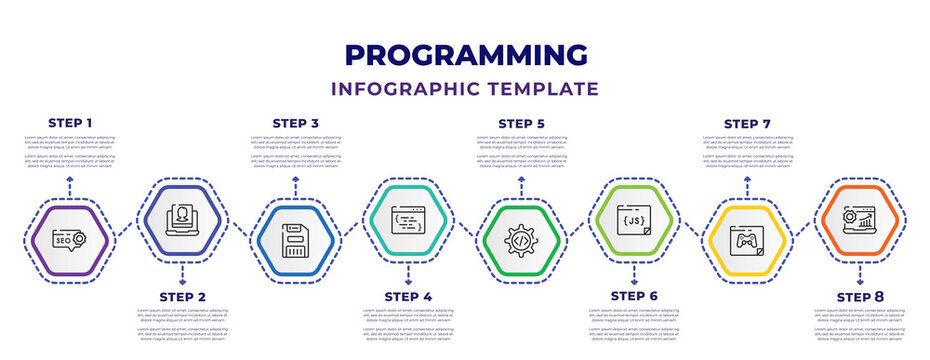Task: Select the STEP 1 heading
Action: tap(70, 123)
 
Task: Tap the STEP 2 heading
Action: tap(183, 296)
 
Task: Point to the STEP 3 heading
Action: tap(296, 123)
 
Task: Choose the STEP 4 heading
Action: tap(408, 296)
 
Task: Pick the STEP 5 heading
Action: tap(521, 123)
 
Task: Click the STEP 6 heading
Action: tap(634, 296)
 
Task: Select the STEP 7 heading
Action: tap(747, 123)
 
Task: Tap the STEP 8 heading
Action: tap(860, 296)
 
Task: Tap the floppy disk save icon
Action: tap(296, 241)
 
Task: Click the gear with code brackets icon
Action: tap(521, 241)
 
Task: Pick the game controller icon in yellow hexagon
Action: tap(747, 241)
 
